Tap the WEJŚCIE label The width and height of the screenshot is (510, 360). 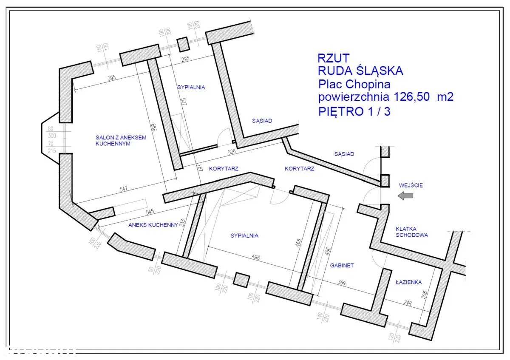(411, 185)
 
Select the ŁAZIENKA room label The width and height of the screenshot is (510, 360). (408, 282)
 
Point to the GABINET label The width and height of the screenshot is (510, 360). (342, 265)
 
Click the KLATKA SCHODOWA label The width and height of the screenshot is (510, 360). (411, 231)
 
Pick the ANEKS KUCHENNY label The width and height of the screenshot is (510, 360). (153, 225)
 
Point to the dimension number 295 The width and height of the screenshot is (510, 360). (185, 59)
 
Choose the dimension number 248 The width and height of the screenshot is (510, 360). (408, 303)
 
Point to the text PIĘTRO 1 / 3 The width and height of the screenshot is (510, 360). (354, 111)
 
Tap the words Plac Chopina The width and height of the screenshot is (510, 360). (354, 84)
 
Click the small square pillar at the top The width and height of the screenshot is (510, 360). (182, 44)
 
